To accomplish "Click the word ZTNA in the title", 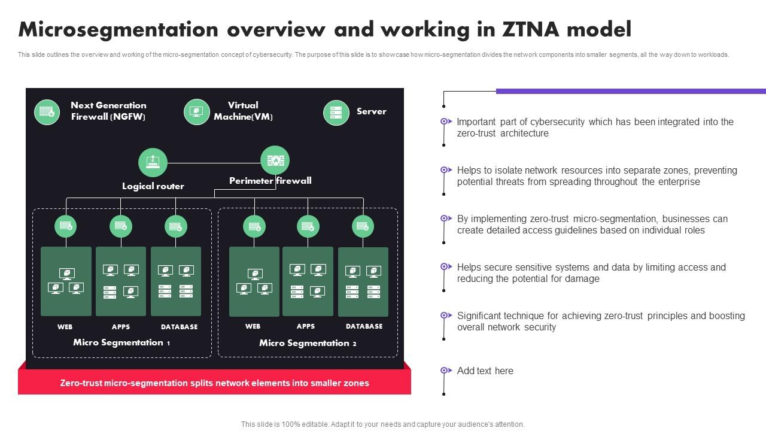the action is (x=530, y=29).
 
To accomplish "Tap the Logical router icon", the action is (x=153, y=162).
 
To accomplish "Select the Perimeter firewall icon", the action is (x=275, y=160).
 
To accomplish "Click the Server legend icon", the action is (x=336, y=113).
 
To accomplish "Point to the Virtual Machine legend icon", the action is (x=197, y=112).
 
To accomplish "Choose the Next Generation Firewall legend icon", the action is (x=47, y=112).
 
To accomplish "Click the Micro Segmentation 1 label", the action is (x=121, y=342).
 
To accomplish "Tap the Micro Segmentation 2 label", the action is (x=308, y=343).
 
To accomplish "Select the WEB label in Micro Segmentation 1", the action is (x=65, y=327).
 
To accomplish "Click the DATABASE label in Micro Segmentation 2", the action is (x=364, y=326).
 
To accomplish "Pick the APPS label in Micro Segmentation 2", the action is (x=306, y=326).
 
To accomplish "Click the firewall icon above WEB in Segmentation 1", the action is (x=66, y=226).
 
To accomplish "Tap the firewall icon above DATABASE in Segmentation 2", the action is (x=363, y=226).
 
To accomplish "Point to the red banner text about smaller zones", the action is (x=214, y=383).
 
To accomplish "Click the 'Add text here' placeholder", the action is (x=485, y=371).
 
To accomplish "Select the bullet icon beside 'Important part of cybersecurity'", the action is (x=446, y=122).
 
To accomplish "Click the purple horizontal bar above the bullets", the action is (x=631, y=91).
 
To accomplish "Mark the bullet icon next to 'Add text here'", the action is (x=446, y=371).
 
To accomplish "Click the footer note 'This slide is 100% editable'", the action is (x=382, y=424).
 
